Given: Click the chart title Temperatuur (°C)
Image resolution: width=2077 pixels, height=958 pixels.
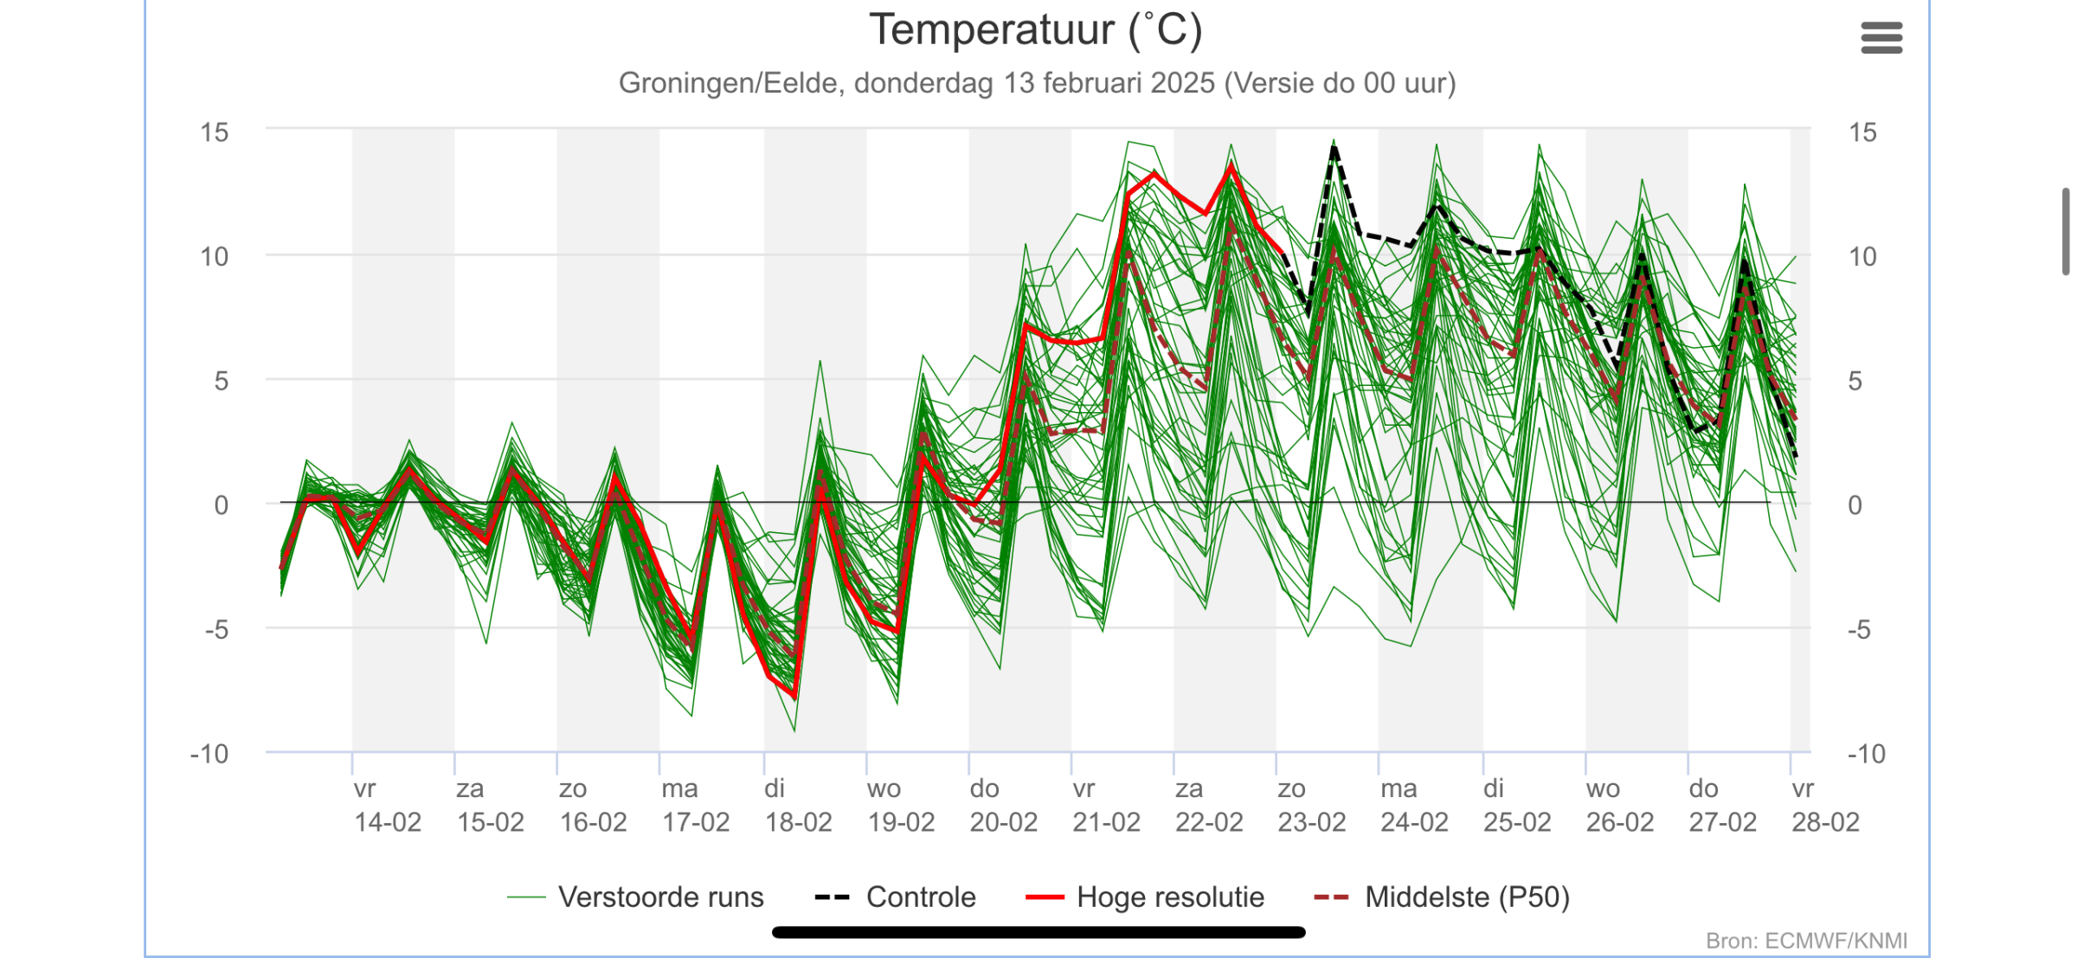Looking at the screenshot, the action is (1036, 30).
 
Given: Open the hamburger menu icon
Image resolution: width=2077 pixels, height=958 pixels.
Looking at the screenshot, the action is (1881, 38).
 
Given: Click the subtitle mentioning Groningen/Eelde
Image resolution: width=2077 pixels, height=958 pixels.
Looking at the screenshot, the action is (1037, 83).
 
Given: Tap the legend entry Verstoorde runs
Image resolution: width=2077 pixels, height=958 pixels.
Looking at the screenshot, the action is (635, 897).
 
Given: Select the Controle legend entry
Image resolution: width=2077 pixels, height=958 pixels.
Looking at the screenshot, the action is (896, 897).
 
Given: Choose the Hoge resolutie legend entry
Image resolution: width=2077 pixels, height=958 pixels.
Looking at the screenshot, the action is (1144, 897).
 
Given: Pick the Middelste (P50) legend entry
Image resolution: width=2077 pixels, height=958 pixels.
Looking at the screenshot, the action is (1441, 897).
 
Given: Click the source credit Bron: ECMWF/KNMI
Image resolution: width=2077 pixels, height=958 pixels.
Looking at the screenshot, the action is (1806, 941).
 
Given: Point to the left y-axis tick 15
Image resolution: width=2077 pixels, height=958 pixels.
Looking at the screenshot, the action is (215, 132).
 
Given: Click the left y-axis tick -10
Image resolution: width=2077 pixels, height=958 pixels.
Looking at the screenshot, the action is (209, 754).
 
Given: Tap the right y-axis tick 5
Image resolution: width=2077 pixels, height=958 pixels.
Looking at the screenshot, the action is (1855, 381).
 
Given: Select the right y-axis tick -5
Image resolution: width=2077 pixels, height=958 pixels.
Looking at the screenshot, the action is (1860, 629).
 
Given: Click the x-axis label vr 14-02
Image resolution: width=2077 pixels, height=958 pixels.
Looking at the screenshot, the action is (388, 805).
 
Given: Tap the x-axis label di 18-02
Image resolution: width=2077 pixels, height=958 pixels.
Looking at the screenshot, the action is (798, 805).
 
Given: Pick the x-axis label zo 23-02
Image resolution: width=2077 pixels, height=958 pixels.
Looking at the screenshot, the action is (1312, 805).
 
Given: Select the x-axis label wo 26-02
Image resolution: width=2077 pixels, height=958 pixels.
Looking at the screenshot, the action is (1620, 805).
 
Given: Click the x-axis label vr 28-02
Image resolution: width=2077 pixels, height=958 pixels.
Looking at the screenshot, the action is (1825, 805).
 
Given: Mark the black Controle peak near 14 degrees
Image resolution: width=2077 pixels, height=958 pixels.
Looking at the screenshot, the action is (1334, 149).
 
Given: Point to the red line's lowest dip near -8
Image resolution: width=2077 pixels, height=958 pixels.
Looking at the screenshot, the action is (794, 694).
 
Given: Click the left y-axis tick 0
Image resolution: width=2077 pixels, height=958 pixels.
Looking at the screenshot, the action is (222, 505).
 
